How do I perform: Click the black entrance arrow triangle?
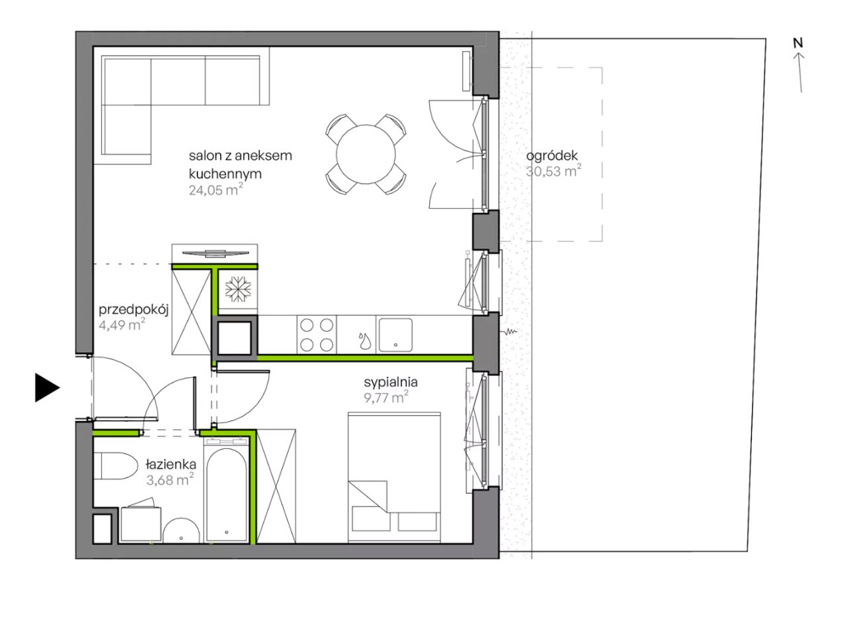coord(46,388)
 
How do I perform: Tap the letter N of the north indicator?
coord(798,43)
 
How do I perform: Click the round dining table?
coord(366,154)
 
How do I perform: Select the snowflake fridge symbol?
coord(238,288)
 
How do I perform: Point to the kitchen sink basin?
coord(396,335)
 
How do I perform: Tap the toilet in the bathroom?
coord(115,465)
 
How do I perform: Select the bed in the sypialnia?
coord(394,477)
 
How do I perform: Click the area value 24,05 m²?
coord(216,190)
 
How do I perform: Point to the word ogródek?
coord(552,156)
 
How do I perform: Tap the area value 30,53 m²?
coord(554,171)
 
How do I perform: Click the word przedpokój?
coord(134,310)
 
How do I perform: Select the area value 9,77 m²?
coord(386,398)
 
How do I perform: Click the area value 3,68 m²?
coord(170,480)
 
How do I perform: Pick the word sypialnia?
coord(391,383)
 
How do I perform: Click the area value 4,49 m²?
coord(122,325)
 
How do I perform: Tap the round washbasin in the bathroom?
coord(182,531)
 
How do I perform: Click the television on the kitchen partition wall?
coord(215,253)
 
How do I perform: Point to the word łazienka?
coord(171,464)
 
